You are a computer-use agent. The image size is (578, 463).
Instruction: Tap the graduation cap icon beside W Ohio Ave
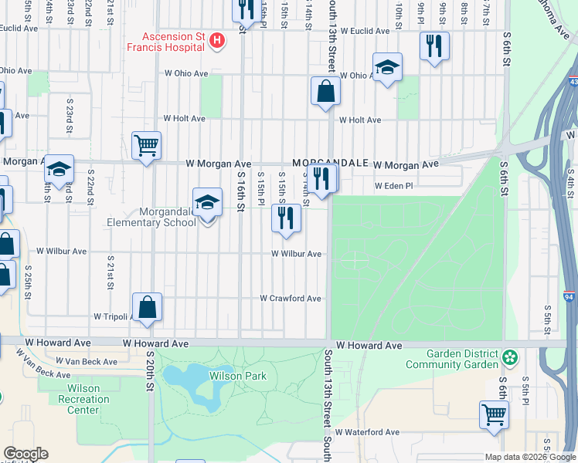coord(387,67)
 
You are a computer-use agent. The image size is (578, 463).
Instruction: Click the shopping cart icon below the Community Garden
coord(493,415)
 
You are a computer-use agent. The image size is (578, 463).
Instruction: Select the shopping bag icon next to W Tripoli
coord(147,307)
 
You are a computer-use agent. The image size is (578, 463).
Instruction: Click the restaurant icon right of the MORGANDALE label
coord(321,179)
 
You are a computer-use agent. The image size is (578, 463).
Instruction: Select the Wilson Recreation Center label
coord(83,399)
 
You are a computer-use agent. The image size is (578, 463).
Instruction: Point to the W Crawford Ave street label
coord(290,299)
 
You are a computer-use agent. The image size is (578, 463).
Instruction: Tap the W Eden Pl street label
coord(394,186)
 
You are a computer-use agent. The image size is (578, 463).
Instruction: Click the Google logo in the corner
coord(25,454)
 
